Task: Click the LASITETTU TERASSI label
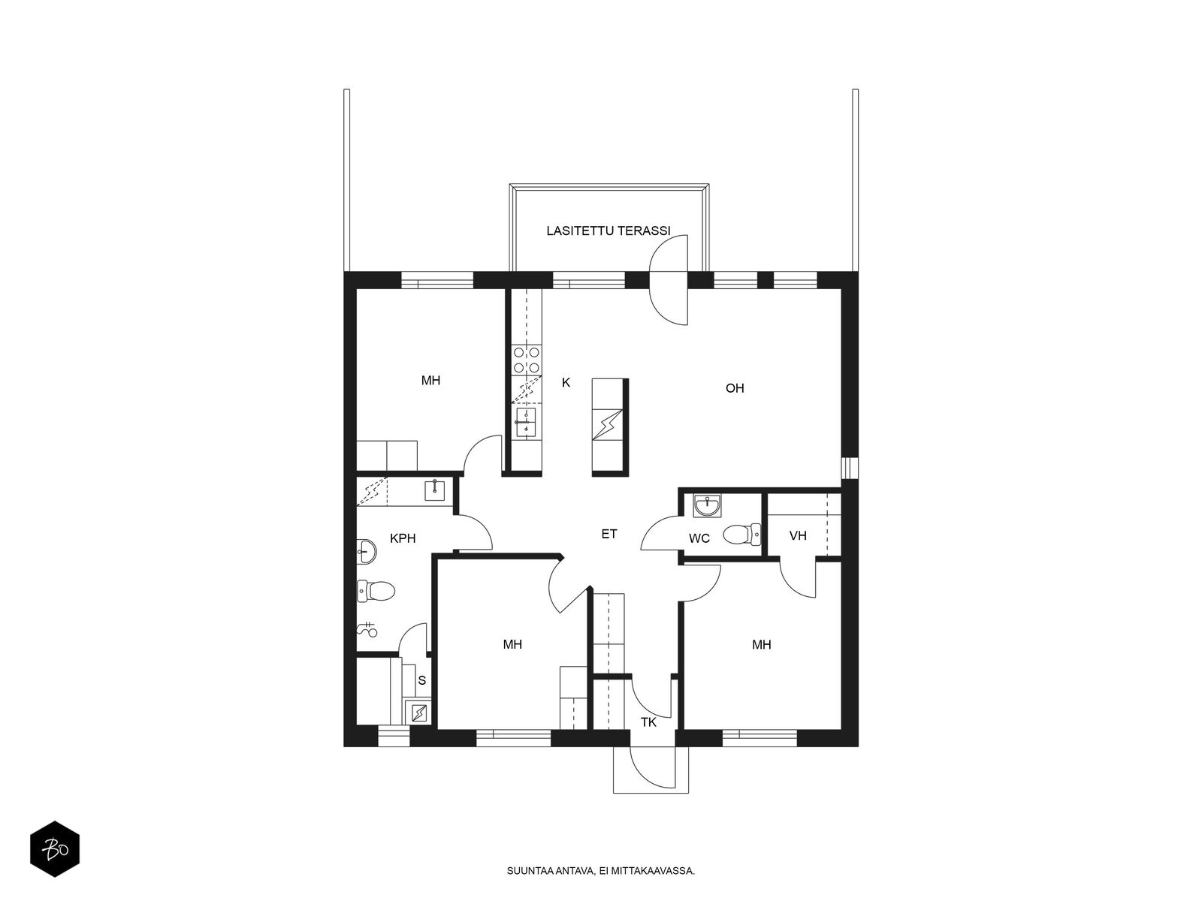tap(608, 231)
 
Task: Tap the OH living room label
tap(734, 388)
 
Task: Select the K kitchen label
tap(566, 382)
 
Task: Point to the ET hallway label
tap(609, 534)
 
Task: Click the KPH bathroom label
tap(403, 538)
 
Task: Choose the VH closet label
tap(798, 535)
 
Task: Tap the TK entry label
tap(648, 722)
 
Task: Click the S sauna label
tap(421, 681)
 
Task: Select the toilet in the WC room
tap(741, 535)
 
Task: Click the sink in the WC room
tap(707, 505)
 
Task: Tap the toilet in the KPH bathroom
tap(376, 591)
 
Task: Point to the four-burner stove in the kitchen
tap(527, 360)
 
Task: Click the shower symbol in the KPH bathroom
tap(367, 629)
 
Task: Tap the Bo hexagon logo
tap(55, 849)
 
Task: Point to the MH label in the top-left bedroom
tap(430, 381)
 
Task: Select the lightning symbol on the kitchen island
tap(607, 424)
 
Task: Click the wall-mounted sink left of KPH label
tap(367, 551)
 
